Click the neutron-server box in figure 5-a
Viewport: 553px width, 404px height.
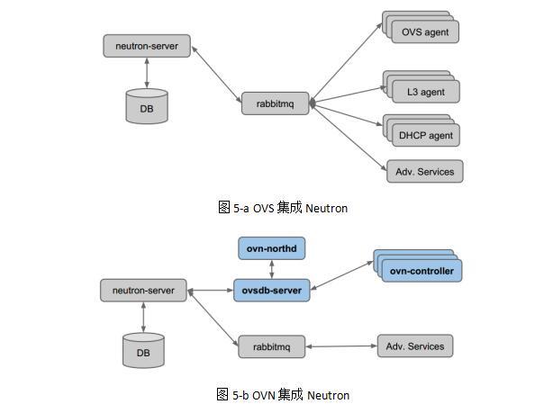147,46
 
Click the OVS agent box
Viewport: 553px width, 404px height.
425,32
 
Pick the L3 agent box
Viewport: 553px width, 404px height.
425,91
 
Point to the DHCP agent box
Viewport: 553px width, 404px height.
425,136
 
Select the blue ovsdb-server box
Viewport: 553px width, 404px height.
271,290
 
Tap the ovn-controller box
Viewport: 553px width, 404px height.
422,270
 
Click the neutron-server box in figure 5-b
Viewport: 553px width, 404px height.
143,291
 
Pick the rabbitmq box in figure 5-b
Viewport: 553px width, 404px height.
272,346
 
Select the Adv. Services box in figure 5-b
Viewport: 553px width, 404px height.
414,346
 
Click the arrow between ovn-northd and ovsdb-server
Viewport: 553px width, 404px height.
271,268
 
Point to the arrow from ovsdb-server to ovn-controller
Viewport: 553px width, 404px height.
342,276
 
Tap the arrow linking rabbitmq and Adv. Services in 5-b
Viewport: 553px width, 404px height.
341,346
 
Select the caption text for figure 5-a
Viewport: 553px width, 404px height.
282,208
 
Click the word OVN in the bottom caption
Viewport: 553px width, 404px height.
264,394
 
